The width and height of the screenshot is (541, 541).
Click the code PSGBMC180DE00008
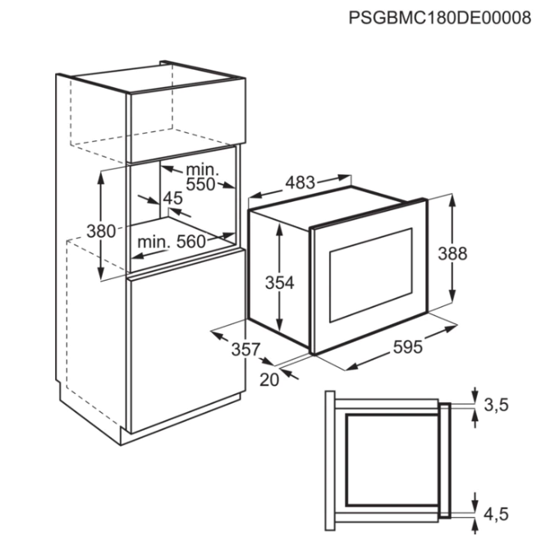pos(439,17)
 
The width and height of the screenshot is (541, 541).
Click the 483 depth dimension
pos(300,182)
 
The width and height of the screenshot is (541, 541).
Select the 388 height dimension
pos(452,254)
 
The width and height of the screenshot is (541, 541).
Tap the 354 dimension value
pos(279,282)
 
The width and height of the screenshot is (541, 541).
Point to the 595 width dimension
pos(407,346)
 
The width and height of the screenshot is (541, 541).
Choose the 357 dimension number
pos(245,349)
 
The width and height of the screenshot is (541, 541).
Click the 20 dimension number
pos(269,380)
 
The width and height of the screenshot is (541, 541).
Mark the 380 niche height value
pos(101,231)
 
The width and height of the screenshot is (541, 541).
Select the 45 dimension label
pos(173,198)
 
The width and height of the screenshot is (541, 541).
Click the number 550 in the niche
pos(200,184)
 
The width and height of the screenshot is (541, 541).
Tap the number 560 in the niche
pos(190,241)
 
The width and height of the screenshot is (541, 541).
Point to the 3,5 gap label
pos(496,405)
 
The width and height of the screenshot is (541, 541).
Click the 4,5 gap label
pos(496,514)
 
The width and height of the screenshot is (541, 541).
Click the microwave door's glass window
pos(371,275)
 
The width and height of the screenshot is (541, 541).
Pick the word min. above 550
pos(203,169)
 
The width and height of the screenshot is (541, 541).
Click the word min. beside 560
pos(154,242)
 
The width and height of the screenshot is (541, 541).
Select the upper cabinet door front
pos(186,120)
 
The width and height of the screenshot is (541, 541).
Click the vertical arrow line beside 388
pos(452,247)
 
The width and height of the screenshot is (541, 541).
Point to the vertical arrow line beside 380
pos(101,225)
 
